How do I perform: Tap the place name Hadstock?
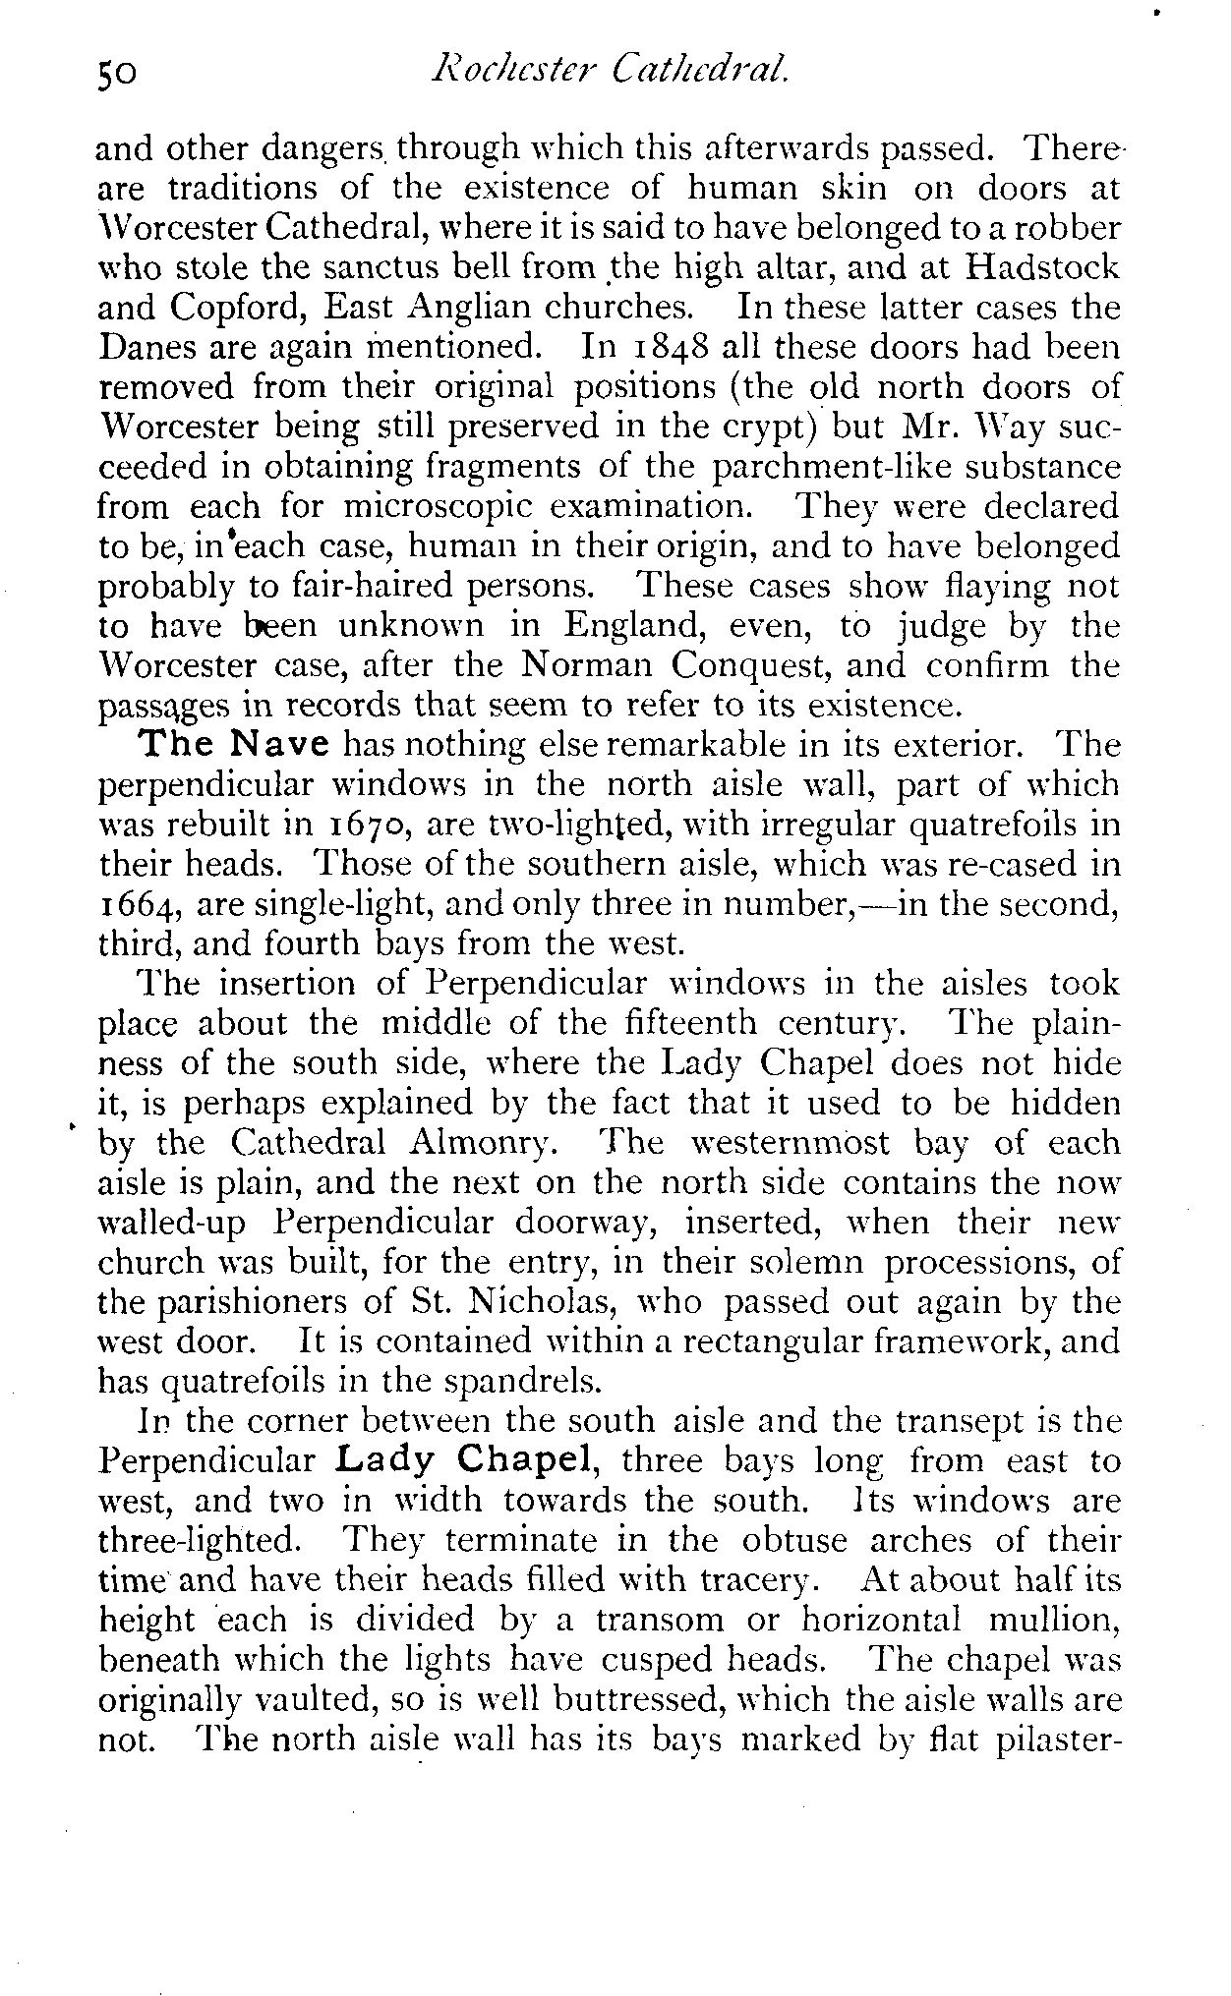click(1042, 266)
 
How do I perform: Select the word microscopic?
click(440, 506)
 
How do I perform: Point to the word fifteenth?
click(690, 1024)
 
